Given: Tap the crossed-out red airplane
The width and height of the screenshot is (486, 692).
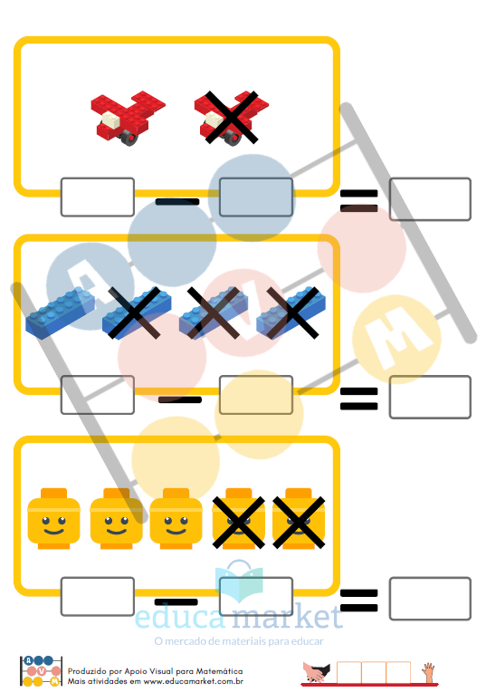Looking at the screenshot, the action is pyautogui.click(x=231, y=118).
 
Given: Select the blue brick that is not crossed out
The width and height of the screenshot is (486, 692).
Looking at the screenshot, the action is pyautogui.click(x=61, y=312).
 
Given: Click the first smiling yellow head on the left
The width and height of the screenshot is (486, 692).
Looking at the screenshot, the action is pyautogui.click(x=53, y=519).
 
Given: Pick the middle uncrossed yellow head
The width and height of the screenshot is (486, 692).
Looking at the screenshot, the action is pyautogui.click(x=117, y=519).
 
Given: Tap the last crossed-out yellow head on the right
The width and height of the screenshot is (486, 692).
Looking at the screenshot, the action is pyautogui.click(x=299, y=519).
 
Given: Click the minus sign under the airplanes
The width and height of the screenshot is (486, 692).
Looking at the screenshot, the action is pyautogui.click(x=177, y=202).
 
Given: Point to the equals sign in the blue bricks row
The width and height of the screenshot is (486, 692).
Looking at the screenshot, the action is pyautogui.click(x=359, y=399).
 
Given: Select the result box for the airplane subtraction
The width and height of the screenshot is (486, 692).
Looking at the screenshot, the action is pyautogui.click(x=430, y=199).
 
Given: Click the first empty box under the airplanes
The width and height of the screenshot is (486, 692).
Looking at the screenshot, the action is pyautogui.click(x=98, y=197).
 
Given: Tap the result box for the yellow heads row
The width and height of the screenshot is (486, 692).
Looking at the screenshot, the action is pyautogui.click(x=430, y=599).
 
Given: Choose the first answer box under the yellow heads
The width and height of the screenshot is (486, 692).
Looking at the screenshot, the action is pyautogui.click(x=98, y=597).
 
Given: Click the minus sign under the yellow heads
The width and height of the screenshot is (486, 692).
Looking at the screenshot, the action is pyautogui.click(x=176, y=602).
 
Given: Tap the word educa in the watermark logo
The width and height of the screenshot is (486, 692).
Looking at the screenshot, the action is pyautogui.click(x=180, y=617).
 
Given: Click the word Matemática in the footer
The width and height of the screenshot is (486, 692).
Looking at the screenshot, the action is pyautogui.click(x=219, y=671).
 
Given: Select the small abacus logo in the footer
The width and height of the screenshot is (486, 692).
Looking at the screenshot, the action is pyautogui.click(x=41, y=671).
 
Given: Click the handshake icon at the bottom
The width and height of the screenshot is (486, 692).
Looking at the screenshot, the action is pyautogui.click(x=316, y=673).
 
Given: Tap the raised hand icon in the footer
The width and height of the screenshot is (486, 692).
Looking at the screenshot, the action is pyautogui.click(x=428, y=673).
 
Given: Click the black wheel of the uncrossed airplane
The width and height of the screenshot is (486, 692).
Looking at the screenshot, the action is pyautogui.click(x=129, y=139).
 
